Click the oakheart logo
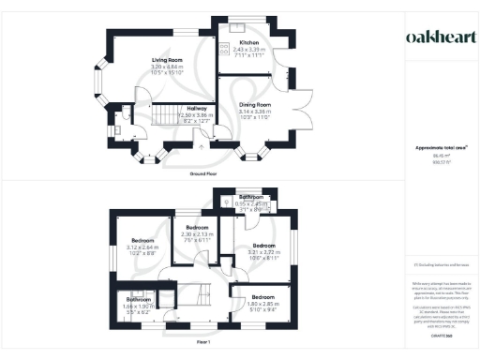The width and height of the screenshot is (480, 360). [x=440, y=37]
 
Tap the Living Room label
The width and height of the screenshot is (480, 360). [x=166, y=61]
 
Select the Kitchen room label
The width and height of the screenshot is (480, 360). [x=248, y=43]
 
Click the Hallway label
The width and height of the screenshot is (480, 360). [x=197, y=107]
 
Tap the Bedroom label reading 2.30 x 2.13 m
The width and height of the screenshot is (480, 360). [x=197, y=228]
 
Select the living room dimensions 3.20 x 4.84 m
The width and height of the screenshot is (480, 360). [x=166, y=68]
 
